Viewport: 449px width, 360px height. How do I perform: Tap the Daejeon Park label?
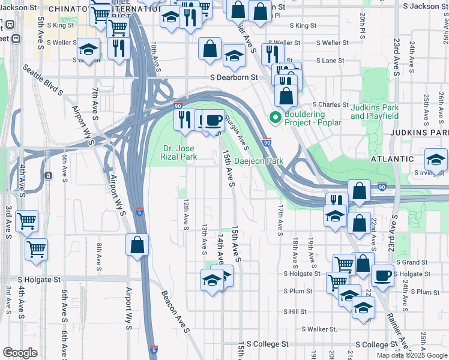[258, 161]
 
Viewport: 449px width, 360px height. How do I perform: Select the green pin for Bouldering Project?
[276, 117]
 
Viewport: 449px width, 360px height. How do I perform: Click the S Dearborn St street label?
[233, 77]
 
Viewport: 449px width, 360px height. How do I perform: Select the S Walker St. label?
[319, 329]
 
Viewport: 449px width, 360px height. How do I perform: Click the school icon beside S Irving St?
[436, 159]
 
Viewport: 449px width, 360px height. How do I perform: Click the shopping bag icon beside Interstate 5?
[137, 245]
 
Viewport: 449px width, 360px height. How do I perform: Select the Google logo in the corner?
[20, 353]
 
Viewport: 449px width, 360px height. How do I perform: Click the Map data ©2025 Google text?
[412, 355]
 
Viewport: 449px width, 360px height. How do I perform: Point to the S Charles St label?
[331, 104]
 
